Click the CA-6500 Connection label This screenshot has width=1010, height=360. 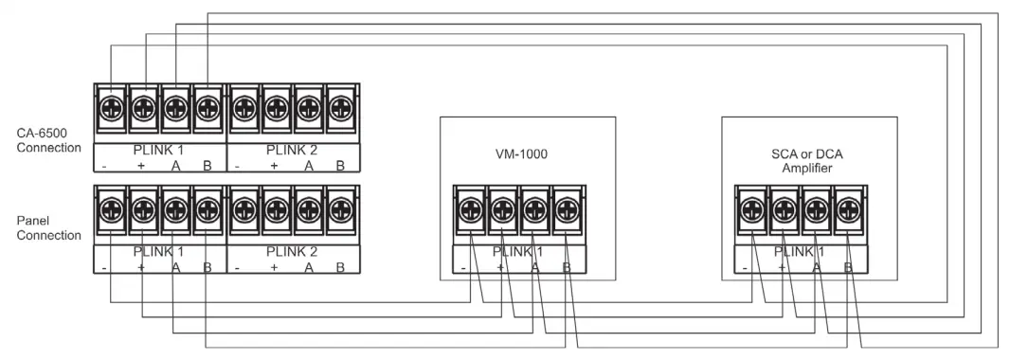click(48, 141)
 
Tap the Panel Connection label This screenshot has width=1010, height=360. click(48, 228)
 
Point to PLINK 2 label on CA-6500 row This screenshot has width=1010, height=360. click(293, 149)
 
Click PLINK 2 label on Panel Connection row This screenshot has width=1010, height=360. click(293, 251)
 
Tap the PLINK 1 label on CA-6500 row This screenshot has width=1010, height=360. click(158, 149)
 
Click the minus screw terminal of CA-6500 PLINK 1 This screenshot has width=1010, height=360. click(110, 104)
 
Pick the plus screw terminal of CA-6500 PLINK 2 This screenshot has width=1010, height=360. click(276, 104)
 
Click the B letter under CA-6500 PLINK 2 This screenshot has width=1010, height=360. click(340, 166)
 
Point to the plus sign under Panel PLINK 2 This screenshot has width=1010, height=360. click(274, 268)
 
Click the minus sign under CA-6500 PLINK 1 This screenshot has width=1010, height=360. click(105, 166)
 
